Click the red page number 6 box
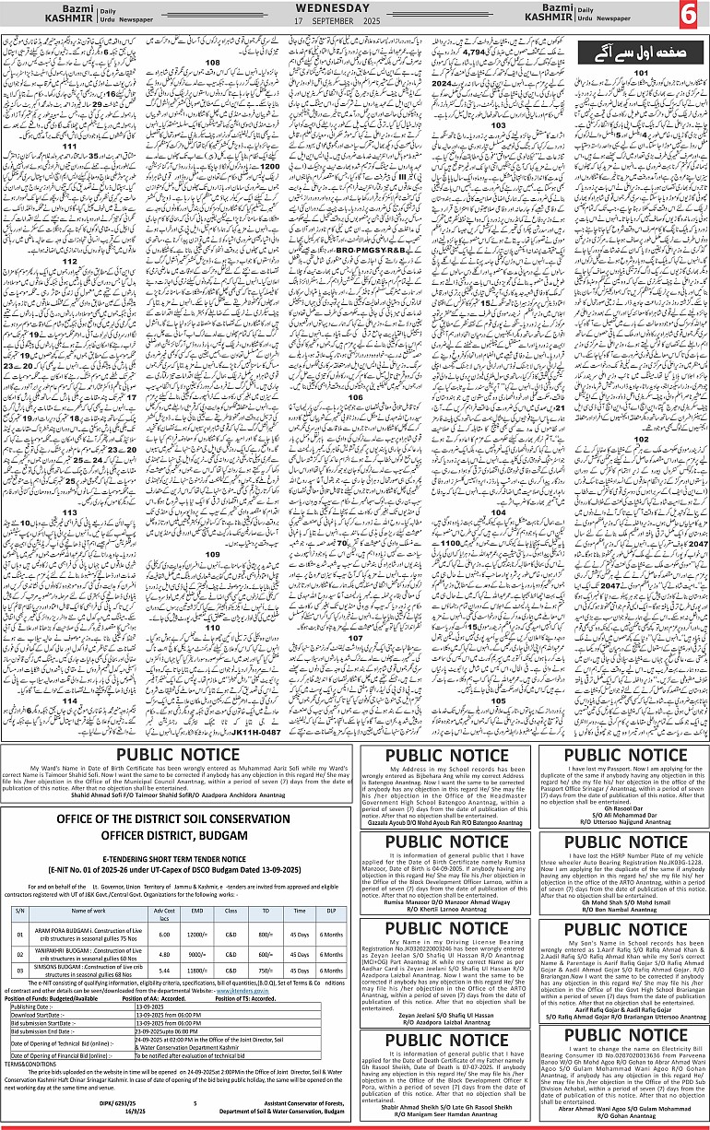[688, 15]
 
